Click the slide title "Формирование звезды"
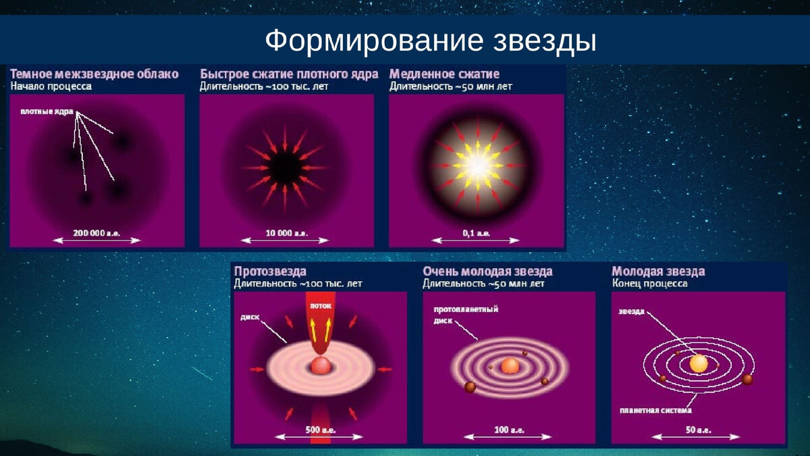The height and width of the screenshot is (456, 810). pos(430,41)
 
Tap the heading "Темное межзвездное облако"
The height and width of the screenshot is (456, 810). pos(94,74)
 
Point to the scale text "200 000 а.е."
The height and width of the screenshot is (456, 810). pos(97,232)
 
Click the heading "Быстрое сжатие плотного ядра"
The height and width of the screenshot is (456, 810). pos(289,74)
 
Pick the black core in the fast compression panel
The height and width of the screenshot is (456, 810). pos(285,167)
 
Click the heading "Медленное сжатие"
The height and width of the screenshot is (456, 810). pos(444,74)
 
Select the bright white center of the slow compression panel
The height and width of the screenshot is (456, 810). pos(476,166)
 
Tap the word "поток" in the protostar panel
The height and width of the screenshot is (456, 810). pos(320,306)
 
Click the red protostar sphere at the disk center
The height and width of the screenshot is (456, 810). pos(321,367)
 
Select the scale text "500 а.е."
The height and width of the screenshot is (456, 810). pos(320,429)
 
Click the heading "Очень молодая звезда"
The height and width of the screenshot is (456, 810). pos(487,271)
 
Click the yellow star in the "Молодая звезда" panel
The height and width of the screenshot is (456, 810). pos(699,363)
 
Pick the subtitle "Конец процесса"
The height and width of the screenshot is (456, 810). pos(649,284)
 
